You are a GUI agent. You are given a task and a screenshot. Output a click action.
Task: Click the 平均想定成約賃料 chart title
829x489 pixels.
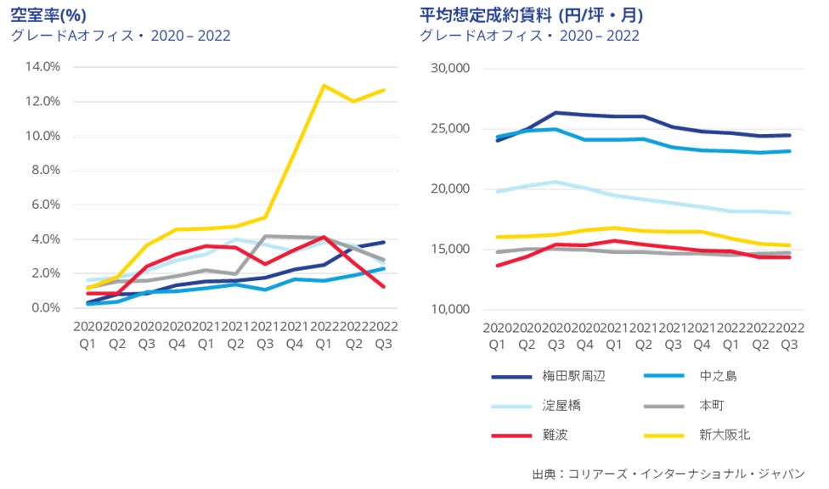tap(531, 14)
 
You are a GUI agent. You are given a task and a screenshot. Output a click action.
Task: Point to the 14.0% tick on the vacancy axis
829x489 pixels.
tap(42, 66)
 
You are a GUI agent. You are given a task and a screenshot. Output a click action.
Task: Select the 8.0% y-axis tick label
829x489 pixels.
tap(45, 170)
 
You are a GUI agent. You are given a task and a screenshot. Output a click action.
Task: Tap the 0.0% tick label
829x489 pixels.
tap(45, 307)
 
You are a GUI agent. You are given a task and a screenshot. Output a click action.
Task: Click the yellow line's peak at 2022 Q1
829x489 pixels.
tap(324, 85)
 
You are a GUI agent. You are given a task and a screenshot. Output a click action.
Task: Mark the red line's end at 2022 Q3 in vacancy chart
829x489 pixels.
tap(384, 287)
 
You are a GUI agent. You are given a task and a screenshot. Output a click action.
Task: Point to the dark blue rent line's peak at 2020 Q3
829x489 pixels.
tap(555, 112)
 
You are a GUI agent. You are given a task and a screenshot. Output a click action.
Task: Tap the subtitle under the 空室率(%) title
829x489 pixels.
tap(120, 36)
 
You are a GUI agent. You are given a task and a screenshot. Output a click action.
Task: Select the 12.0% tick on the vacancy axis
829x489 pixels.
tap(42, 101)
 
